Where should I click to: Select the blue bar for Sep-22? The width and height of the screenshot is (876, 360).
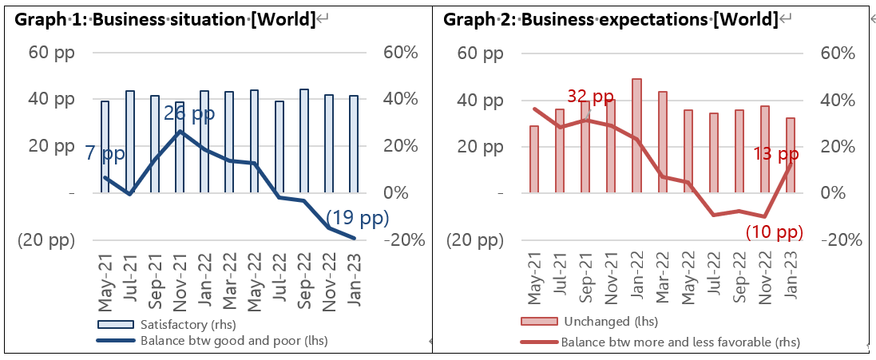click(x=304, y=140)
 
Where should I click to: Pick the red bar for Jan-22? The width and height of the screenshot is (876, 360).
click(x=636, y=136)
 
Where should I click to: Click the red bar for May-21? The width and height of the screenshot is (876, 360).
click(x=534, y=160)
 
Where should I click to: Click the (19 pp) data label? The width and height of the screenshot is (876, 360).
click(x=357, y=218)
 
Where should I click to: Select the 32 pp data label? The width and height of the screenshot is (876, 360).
click(x=590, y=97)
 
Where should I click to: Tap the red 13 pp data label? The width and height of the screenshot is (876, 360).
click(x=777, y=154)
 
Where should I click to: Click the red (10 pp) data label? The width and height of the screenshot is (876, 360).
click(x=774, y=232)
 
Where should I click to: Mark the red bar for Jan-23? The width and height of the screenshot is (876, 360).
click(x=790, y=156)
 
